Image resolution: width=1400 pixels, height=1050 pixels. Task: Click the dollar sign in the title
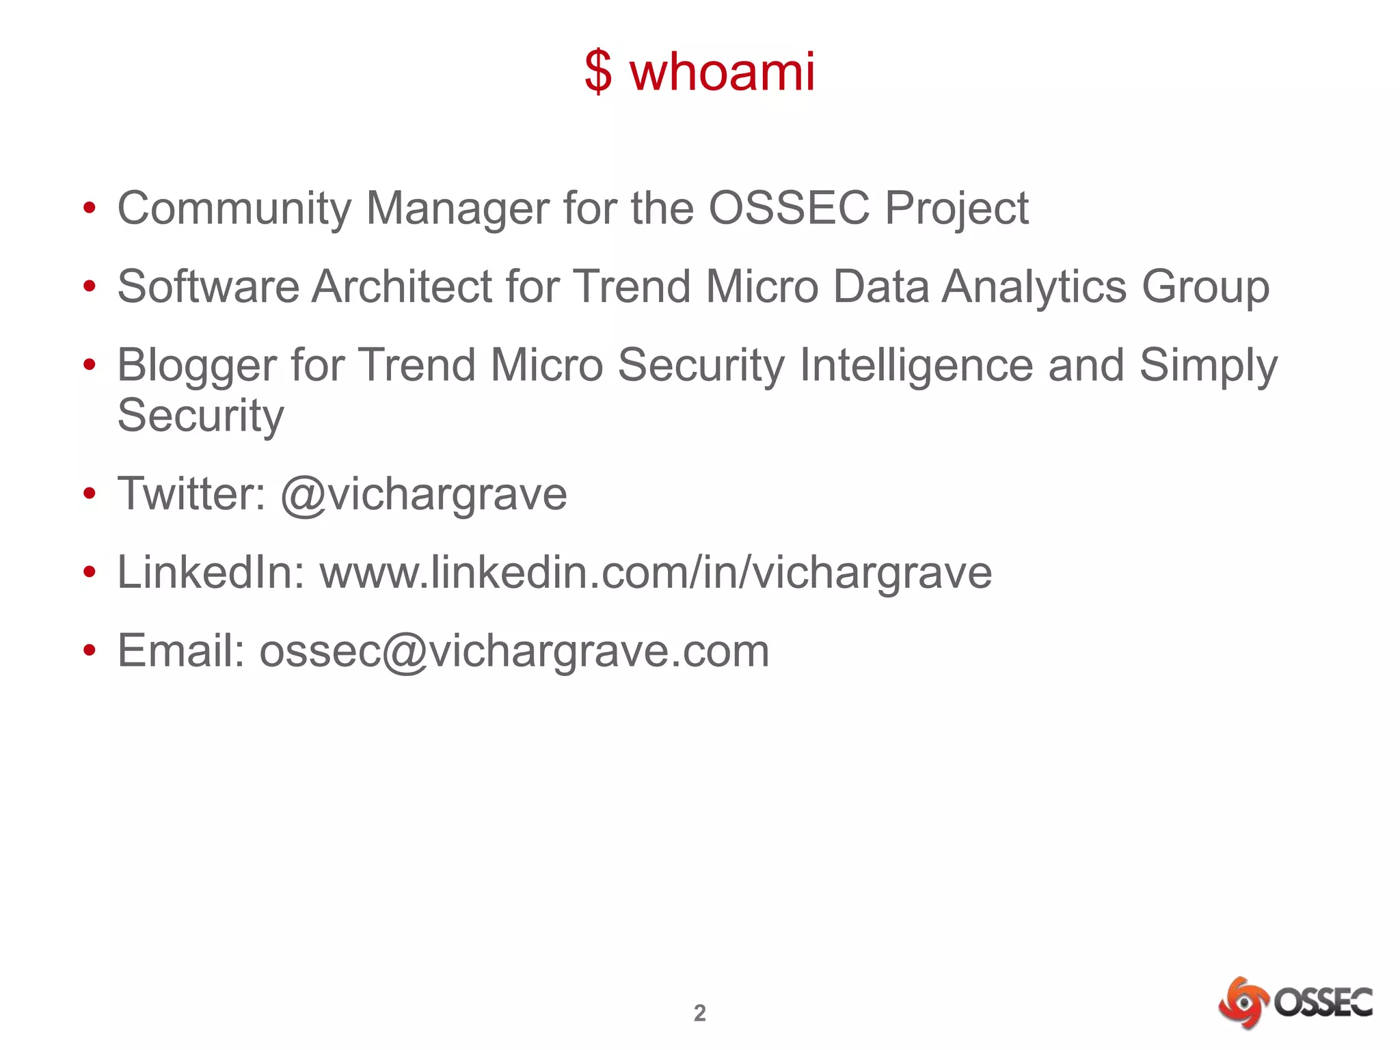point(598,72)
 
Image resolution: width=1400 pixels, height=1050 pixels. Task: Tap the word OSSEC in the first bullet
point(789,208)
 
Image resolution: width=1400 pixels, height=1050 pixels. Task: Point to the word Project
point(957,209)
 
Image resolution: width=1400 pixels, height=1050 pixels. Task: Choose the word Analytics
point(1034,287)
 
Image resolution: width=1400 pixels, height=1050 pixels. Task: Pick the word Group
point(1206,287)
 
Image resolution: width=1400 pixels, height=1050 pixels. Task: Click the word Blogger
point(197,366)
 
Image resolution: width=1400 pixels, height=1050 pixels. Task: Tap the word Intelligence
point(916,366)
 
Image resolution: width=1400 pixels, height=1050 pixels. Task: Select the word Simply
point(1209,366)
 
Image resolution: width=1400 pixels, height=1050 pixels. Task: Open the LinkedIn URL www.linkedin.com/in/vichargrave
point(656,572)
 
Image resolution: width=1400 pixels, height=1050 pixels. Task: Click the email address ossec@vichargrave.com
point(514,651)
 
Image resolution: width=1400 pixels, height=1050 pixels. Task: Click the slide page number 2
point(699,1012)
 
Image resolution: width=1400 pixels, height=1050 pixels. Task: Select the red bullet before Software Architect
point(89,287)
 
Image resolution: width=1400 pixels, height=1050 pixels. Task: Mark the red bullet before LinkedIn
point(89,573)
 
